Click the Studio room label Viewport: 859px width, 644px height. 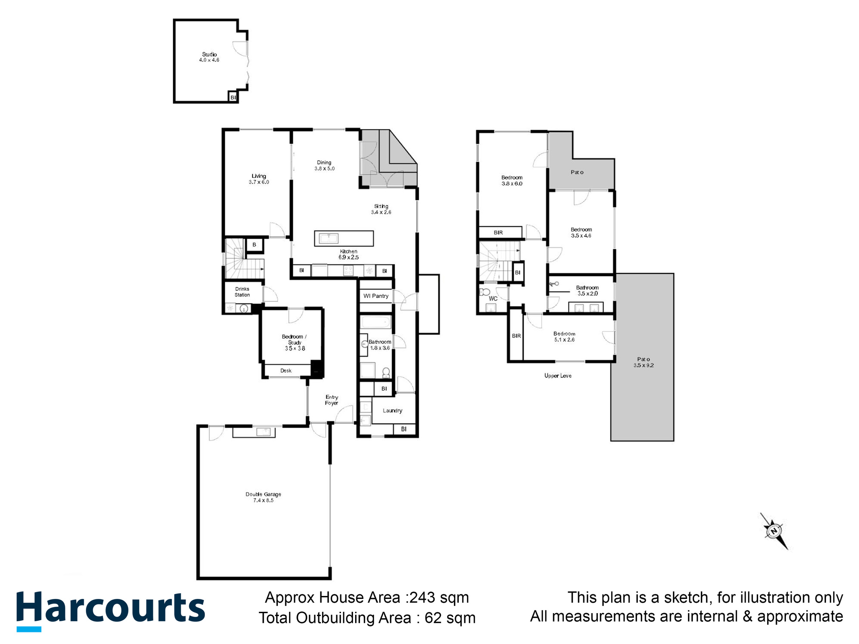209,55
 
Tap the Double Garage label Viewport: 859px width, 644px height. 263,494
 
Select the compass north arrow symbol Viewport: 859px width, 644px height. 774,532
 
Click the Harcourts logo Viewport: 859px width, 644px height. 111,609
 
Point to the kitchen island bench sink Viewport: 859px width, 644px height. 329,238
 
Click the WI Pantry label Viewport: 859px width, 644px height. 376,296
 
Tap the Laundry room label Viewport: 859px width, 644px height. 393,410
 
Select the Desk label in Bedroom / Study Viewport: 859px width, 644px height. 286,371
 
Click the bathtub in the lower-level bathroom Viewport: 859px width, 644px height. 375,322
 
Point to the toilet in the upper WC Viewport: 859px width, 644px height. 484,292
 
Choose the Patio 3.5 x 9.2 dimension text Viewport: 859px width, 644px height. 643,365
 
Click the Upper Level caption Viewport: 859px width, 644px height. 558,376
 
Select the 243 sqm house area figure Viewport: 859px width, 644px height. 439,597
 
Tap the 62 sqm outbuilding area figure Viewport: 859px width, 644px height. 450,618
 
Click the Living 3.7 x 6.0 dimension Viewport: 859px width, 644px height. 259,182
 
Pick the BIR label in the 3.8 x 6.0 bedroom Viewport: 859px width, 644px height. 498,233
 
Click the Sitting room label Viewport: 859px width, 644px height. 381,206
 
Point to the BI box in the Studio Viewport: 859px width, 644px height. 233,97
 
